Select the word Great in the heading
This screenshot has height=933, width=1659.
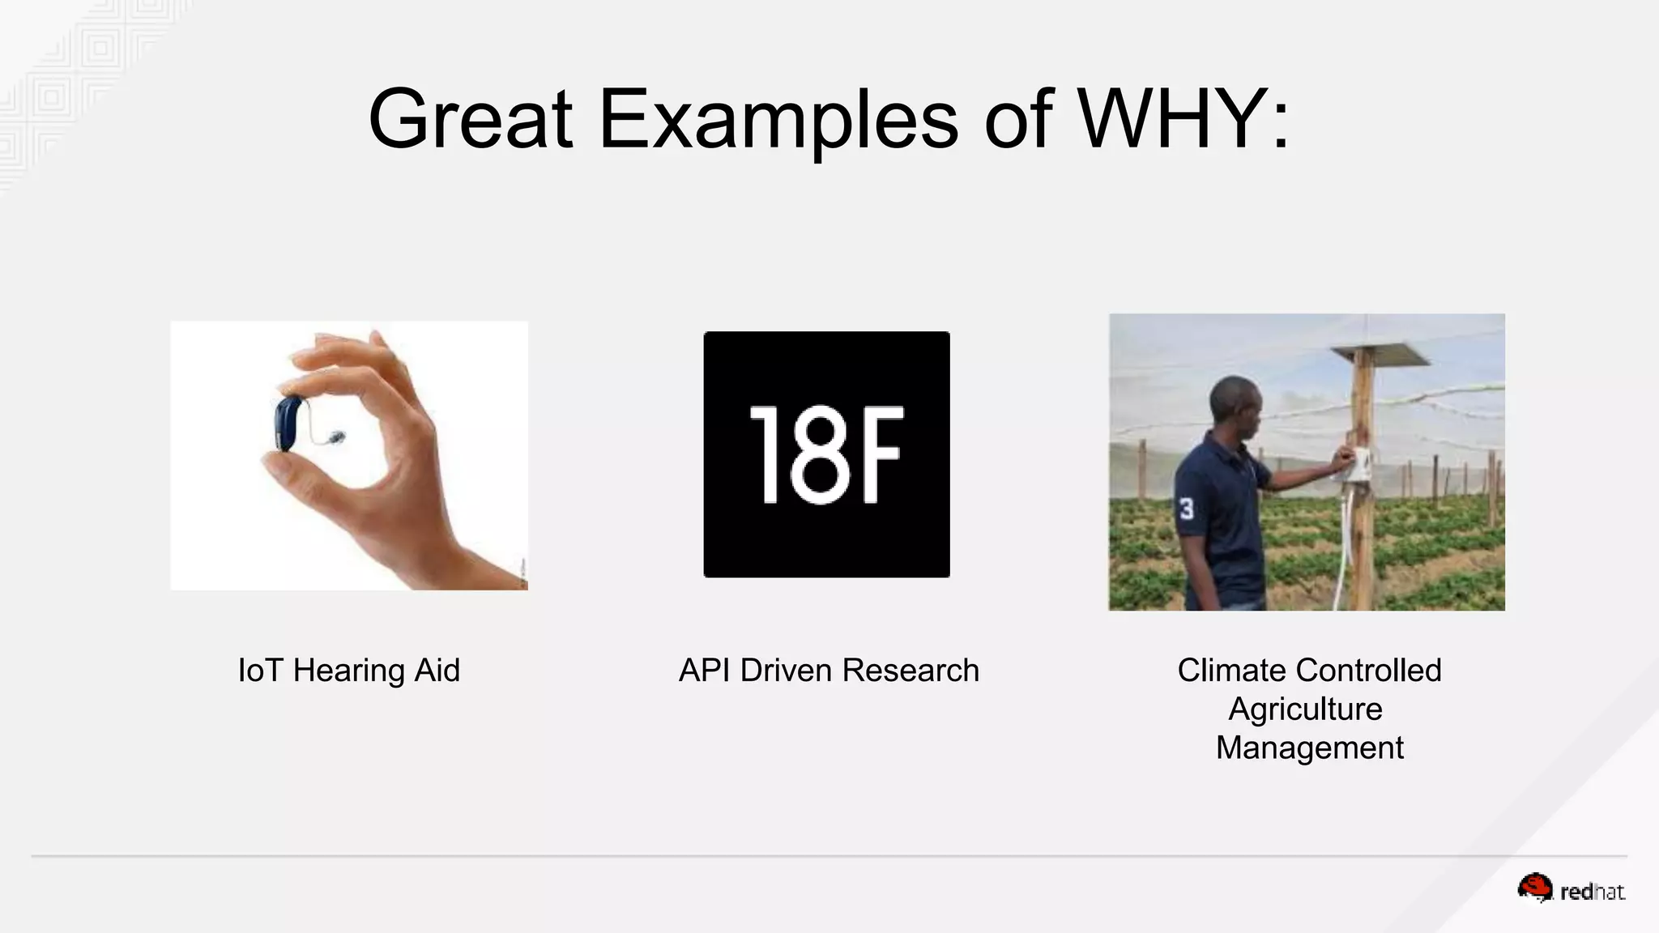coord(471,120)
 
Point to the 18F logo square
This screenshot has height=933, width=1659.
coord(826,454)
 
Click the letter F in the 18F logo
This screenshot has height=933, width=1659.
coord(880,454)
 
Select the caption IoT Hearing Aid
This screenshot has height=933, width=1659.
coord(349,671)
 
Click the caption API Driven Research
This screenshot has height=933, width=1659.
coord(829,671)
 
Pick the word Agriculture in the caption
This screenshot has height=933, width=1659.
coord(1305,709)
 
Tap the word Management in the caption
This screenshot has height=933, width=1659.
coord(1309,748)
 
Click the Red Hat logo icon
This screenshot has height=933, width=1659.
coord(1534,888)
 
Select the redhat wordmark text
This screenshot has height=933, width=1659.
coord(1593,893)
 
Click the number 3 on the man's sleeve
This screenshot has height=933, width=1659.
coord(1187,509)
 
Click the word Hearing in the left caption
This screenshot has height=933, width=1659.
coord(349,671)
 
